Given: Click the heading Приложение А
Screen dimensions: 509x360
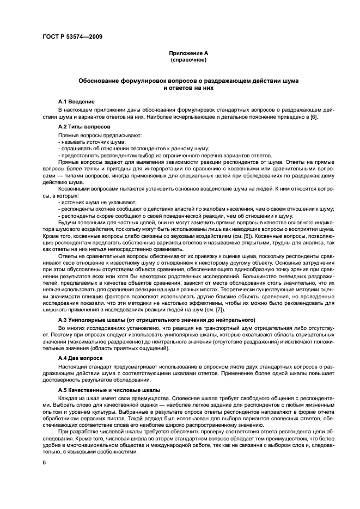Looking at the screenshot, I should pos(188,53).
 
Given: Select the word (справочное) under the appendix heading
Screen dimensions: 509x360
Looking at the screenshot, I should pos(188,60).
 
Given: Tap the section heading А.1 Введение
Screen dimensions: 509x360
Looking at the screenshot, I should pos(76,102).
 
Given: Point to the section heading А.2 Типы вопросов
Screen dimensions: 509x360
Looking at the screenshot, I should pos(83,126).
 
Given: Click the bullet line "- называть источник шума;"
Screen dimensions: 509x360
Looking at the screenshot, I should pos(91,142).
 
